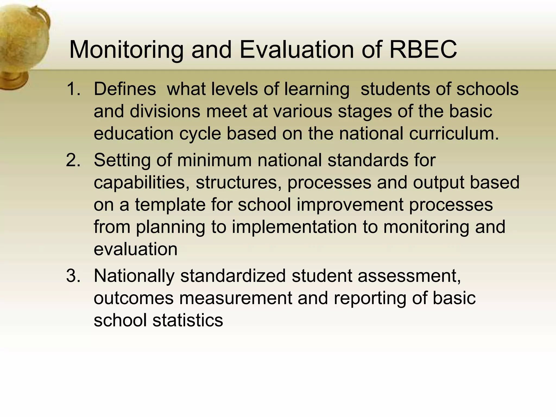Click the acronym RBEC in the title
coord(423,50)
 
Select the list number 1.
coord(73,89)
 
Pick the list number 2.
coord(73,160)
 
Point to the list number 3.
coord(73,276)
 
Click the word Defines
coord(125,89)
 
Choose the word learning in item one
coord(317,90)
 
